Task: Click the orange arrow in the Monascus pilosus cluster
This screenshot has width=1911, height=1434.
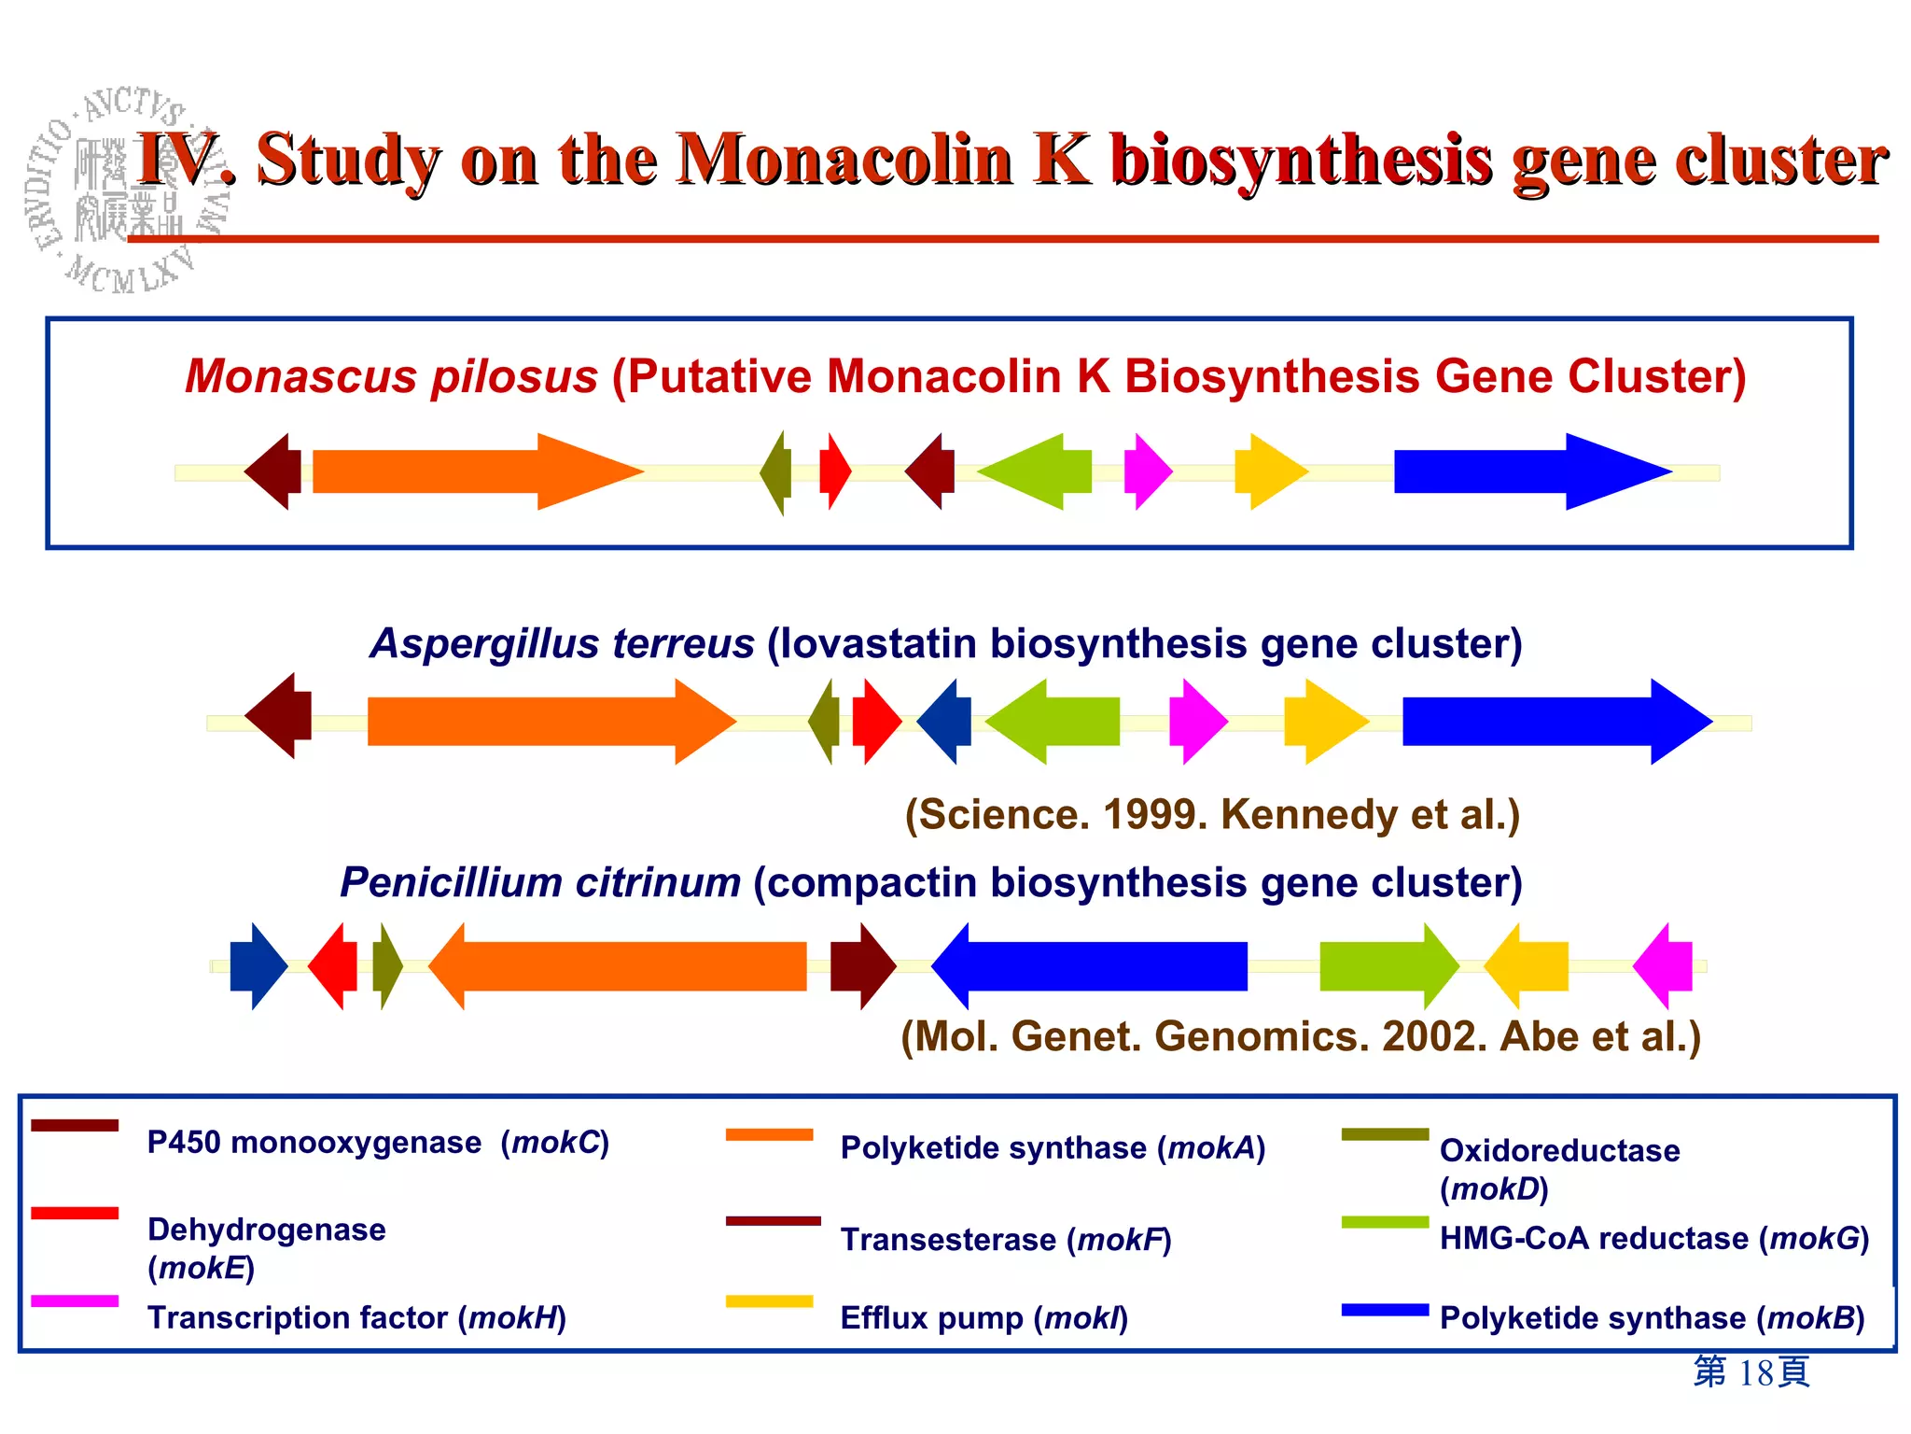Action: point(467,471)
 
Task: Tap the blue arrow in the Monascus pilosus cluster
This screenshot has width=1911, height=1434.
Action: point(1521,471)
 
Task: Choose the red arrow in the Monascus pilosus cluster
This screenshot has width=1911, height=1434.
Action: point(834,471)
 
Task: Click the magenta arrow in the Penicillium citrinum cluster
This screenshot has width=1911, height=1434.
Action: point(1666,966)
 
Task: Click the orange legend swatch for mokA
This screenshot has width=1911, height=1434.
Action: point(769,1134)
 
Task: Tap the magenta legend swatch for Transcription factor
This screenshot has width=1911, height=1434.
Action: point(75,1300)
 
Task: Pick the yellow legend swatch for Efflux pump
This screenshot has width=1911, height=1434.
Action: point(769,1300)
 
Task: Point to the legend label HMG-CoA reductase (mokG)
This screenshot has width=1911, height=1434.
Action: point(1653,1239)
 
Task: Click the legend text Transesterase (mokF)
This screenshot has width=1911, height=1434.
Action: point(1005,1240)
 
